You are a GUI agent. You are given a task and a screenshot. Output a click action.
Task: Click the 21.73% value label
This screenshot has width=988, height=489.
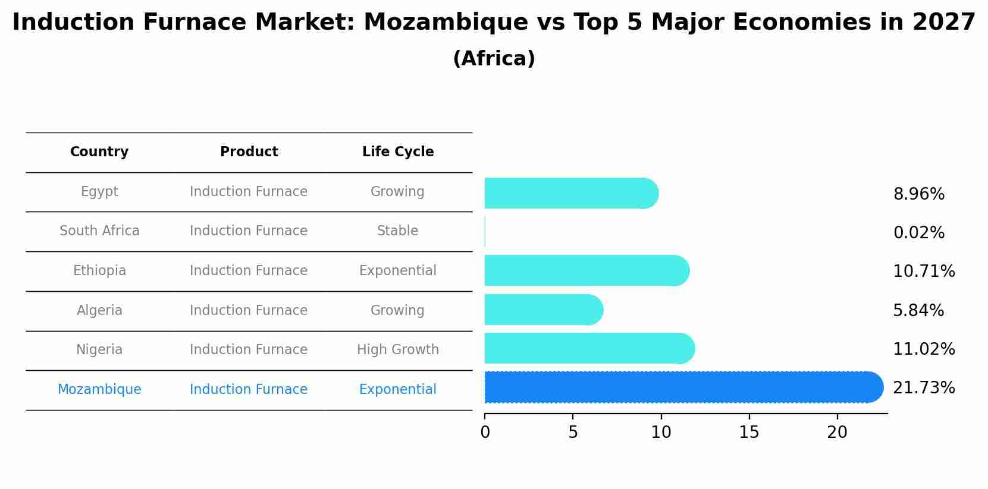(923, 388)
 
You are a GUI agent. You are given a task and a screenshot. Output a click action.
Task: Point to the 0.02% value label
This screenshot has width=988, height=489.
(918, 233)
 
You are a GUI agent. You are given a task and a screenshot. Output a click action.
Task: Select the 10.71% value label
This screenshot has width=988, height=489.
(923, 272)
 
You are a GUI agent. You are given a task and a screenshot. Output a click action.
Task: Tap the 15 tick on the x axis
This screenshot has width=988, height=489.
(749, 433)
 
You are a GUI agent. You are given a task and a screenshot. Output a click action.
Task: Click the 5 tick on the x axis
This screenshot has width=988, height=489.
(573, 433)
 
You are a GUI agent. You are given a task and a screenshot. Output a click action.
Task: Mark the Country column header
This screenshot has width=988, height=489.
(99, 152)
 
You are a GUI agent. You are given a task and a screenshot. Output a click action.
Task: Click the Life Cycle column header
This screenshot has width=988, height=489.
(398, 152)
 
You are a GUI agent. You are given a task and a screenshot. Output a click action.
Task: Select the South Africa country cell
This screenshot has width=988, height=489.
(99, 231)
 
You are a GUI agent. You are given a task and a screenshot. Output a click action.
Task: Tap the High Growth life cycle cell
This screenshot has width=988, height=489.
(398, 350)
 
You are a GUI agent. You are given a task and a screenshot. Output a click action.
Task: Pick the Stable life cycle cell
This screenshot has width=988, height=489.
(397, 231)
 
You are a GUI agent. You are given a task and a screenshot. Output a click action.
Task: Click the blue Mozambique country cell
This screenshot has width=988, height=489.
(99, 390)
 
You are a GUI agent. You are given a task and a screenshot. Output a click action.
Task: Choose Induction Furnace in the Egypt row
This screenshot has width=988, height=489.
(249, 192)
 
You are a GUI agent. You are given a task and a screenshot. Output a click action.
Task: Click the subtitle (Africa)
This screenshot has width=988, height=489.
(494, 59)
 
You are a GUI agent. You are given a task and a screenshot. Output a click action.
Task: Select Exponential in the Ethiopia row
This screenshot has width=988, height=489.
(398, 271)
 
